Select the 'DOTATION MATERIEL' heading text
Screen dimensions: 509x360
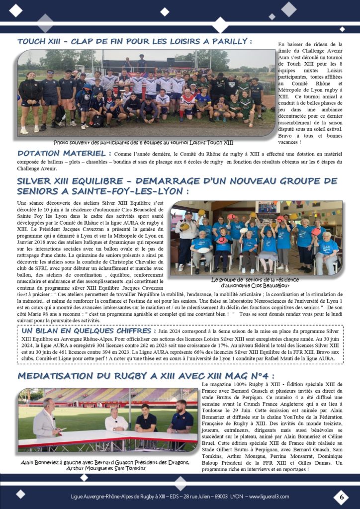point(61,154)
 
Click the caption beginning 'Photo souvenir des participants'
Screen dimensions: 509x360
point(143,142)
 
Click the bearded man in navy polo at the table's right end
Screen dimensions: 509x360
point(182,418)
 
